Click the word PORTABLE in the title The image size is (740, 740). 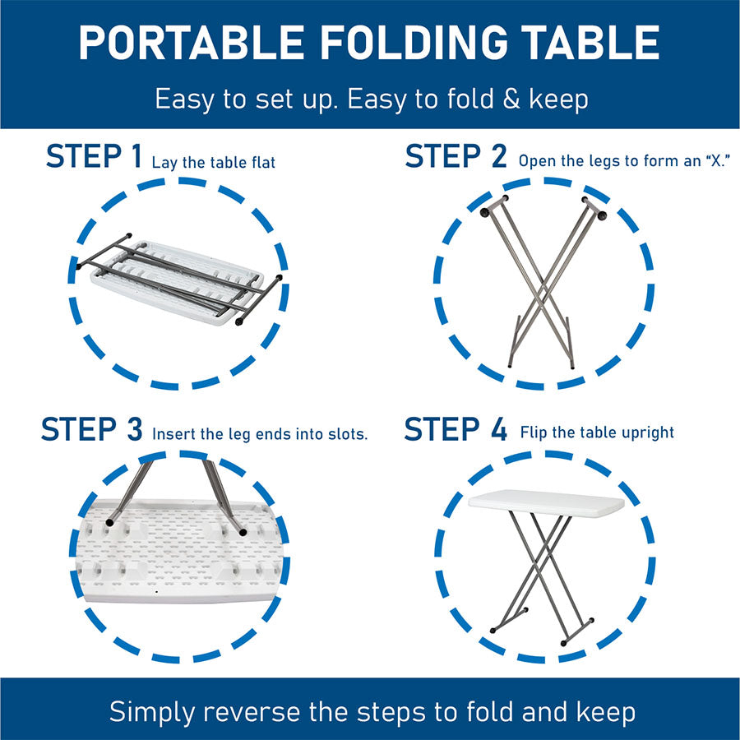pos(191,43)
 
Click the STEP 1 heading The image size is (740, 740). pos(94,155)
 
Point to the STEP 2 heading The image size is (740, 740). pos(456,155)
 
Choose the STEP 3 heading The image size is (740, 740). pos(91,429)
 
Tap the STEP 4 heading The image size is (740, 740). pos(456,429)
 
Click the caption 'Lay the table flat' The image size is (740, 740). pos(213,162)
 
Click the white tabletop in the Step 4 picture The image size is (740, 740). pos(547,502)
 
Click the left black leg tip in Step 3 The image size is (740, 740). pos(110,522)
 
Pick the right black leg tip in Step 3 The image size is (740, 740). pos(243,532)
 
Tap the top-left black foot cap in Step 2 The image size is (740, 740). pos(484,213)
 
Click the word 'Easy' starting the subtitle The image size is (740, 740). pos(184,100)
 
